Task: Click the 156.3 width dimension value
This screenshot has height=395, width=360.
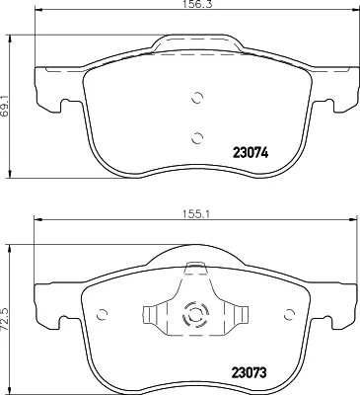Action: [x=195, y=4]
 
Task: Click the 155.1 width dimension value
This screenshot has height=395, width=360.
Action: [x=196, y=214]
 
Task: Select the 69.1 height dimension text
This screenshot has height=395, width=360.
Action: [x=4, y=105]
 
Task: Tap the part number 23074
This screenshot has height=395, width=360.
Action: [x=251, y=153]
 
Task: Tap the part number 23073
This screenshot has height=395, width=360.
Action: [x=249, y=373]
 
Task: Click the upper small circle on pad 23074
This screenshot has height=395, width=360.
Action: [x=197, y=98]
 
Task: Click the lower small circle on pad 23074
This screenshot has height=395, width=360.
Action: [x=197, y=138]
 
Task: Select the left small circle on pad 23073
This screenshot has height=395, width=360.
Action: [x=103, y=315]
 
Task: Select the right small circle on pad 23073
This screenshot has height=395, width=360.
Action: [x=290, y=315]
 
